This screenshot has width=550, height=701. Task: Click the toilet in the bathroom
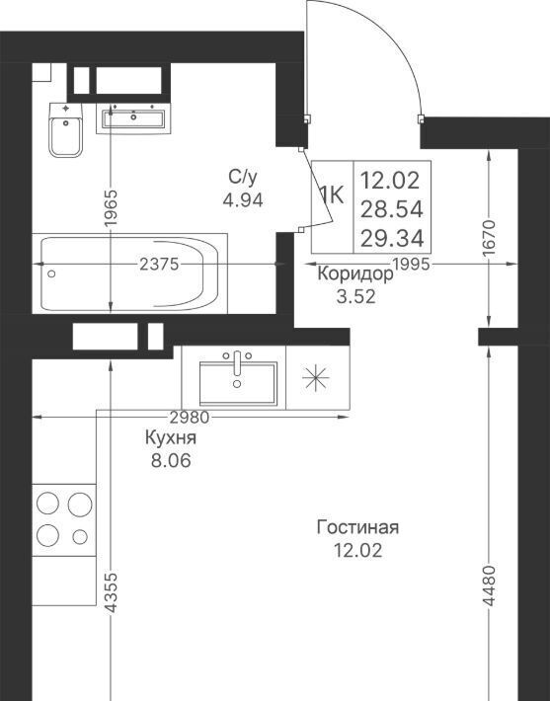point(66,130)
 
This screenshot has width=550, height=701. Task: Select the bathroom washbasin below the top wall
point(133,118)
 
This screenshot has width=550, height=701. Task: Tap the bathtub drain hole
point(51,273)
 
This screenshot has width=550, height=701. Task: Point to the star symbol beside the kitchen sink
point(316,378)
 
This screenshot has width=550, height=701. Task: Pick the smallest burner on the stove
point(80,536)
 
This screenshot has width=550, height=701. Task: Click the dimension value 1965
point(111,208)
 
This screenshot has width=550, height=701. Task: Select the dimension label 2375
point(159,265)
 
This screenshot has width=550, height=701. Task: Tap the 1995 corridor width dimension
point(412,265)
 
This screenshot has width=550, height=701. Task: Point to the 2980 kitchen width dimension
point(190,417)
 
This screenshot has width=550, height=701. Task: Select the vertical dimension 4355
point(111,592)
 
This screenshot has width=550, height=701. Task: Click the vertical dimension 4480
point(489,586)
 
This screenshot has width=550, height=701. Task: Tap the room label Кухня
point(171,438)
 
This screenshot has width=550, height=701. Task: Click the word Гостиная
point(357,527)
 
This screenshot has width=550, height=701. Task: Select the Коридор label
point(355,274)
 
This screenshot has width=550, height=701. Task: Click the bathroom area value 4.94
point(243,200)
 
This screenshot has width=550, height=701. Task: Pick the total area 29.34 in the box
point(392,238)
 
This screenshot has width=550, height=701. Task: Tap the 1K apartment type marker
point(332,195)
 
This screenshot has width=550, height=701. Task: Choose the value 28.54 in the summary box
point(392,209)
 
